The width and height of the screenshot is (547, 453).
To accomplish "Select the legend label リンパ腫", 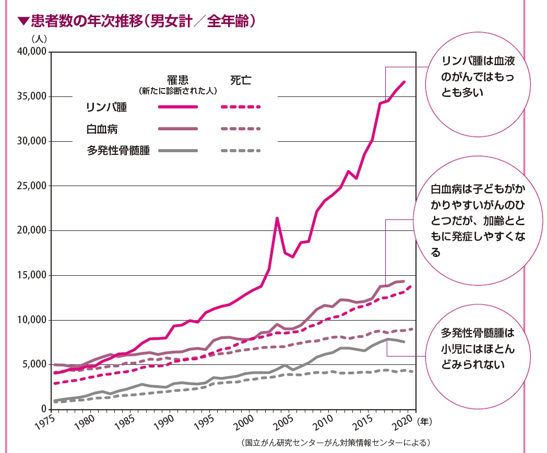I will (x=106, y=107).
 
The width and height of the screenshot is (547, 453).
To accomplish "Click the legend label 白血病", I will (x=99, y=129).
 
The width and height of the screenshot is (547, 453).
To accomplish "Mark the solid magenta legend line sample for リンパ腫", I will (x=177, y=107).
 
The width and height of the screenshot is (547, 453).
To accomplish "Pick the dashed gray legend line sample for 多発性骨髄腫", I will (x=240, y=151).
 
